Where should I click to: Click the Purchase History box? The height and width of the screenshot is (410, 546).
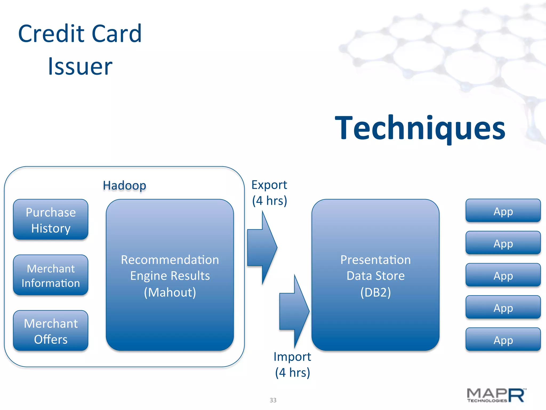coord(51,220)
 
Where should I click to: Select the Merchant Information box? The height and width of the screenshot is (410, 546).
coord(51,275)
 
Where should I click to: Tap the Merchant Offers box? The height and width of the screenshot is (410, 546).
coord(51,331)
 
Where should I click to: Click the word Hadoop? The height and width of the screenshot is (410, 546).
coord(125,185)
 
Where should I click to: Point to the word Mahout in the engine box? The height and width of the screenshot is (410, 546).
coord(170,292)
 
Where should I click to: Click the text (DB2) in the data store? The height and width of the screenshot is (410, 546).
coord(375,292)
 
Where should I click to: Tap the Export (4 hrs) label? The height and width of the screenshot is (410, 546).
coord(269,193)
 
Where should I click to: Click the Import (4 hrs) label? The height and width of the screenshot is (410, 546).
coord(292,365)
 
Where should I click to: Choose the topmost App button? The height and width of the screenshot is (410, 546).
coord(503,211)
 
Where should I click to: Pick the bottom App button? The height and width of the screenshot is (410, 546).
coord(503,340)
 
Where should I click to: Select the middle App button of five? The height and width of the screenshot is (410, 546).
coord(503,275)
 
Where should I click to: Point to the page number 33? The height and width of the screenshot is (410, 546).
coord(273,400)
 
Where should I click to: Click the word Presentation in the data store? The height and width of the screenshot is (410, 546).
coord(375,260)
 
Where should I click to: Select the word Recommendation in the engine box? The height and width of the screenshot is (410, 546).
coord(170,260)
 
